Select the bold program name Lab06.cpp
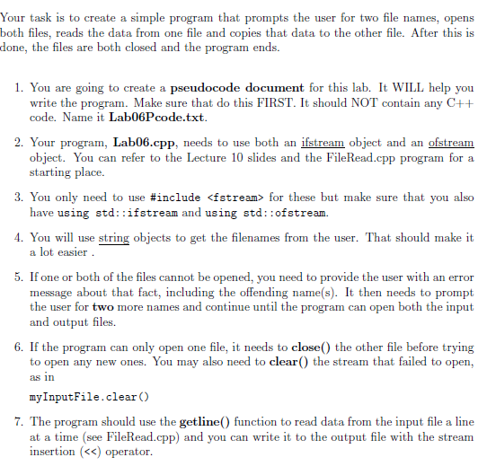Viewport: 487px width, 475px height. click(x=144, y=142)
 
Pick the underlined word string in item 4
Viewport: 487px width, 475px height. click(x=113, y=237)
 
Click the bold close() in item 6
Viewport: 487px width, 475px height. click(x=312, y=347)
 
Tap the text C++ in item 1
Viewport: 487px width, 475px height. click(x=458, y=103)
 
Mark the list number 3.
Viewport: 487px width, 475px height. click(x=19, y=197)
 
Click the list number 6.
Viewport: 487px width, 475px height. click(x=19, y=347)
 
